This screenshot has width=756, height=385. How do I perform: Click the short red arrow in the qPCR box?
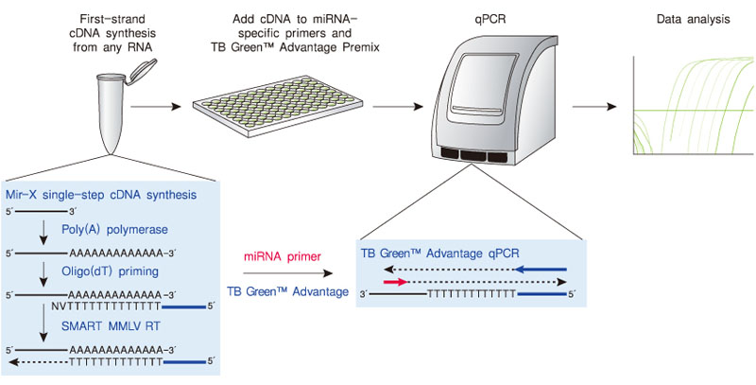394,282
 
